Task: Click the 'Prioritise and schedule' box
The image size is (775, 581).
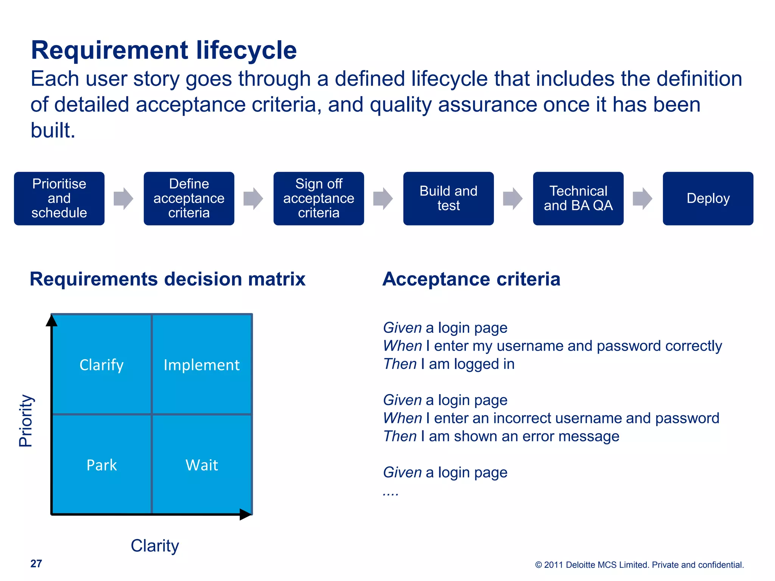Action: click(x=59, y=199)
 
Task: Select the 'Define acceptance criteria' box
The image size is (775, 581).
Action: click(x=189, y=199)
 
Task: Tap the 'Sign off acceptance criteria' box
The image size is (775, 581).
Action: click(x=319, y=199)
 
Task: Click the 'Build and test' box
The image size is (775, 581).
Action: click(x=448, y=199)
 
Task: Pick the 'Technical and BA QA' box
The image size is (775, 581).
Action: click(x=578, y=199)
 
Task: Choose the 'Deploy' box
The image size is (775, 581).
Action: click(x=708, y=199)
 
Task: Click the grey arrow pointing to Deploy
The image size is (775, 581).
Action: click(x=642, y=198)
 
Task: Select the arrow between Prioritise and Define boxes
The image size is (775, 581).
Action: click(x=123, y=198)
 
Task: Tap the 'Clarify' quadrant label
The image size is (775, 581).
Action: click(x=101, y=365)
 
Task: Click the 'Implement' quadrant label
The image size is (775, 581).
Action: click(x=201, y=365)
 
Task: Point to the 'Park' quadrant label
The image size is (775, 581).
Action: click(x=101, y=465)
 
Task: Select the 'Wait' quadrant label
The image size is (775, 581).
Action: click(x=202, y=465)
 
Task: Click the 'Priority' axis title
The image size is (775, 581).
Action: click(x=26, y=420)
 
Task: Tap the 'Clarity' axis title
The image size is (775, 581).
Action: click(x=155, y=546)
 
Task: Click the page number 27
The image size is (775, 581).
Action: click(x=36, y=564)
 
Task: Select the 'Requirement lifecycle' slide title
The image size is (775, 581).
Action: click(x=163, y=50)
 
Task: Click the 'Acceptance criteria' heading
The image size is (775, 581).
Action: click(x=471, y=279)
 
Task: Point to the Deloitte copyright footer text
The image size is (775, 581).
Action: click(x=639, y=565)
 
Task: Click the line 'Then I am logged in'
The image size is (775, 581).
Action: click(x=449, y=364)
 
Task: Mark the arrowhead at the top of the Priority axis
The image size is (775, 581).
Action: click(x=51, y=320)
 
